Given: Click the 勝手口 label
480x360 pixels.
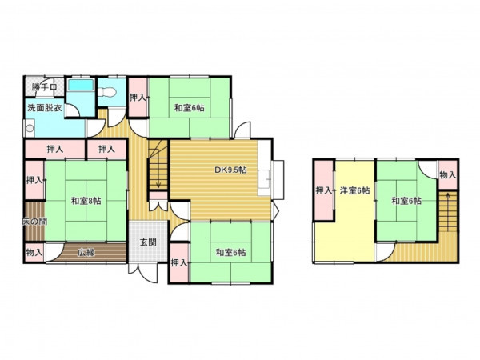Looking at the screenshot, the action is pyautogui.click(x=45, y=87).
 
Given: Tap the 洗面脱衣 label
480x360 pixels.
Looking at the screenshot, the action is pyautogui.click(x=45, y=108).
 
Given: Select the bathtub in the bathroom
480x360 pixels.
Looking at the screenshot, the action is pyautogui.click(x=81, y=85).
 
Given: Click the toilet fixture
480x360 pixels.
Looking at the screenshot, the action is pyautogui.click(x=108, y=92).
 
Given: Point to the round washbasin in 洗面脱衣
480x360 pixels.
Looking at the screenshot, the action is pyautogui.click(x=30, y=128).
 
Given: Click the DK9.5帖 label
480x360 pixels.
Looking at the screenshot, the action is pyautogui.click(x=230, y=170).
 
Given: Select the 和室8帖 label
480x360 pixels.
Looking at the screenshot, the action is pyautogui.click(x=86, y=201).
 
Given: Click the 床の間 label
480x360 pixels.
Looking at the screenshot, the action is pyautogui.click(x=34, y=221).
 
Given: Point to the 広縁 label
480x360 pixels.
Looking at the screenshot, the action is pyautogui.click(x=86, y=253).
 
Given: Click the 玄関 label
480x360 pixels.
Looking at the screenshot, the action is pyautogui.click(x=148, y=242).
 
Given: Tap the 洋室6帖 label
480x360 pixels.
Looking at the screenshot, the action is pyautogui.click(x=354, y=190).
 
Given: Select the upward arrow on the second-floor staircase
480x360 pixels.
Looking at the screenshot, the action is pyautogui.click(x=447, y=211).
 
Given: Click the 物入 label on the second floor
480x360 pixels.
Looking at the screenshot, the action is pyautogui.click(x=447, y=175).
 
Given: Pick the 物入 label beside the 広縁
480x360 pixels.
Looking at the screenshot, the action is pyautogui.click(x=34, y=253).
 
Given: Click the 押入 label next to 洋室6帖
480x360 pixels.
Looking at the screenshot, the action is pyautogui.click(x=324, y=190).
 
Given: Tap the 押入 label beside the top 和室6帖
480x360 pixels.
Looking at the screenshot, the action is pyautogui.click(x=138, y=98).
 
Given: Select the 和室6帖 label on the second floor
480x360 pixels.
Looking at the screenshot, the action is pyautogui.click(x=406, y=201).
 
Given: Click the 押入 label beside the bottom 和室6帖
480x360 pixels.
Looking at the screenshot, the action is pyautogui.click(x=178, y=262).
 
